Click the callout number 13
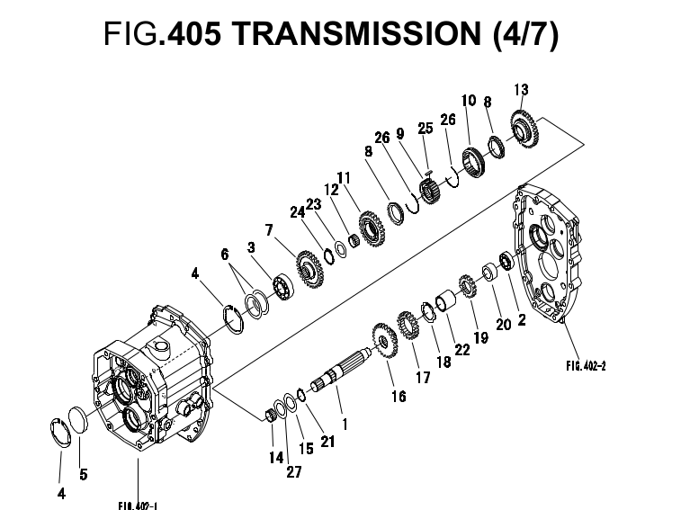521,89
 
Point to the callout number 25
426,128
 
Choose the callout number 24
296,213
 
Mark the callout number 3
251,246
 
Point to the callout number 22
462,350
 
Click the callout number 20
504,325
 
